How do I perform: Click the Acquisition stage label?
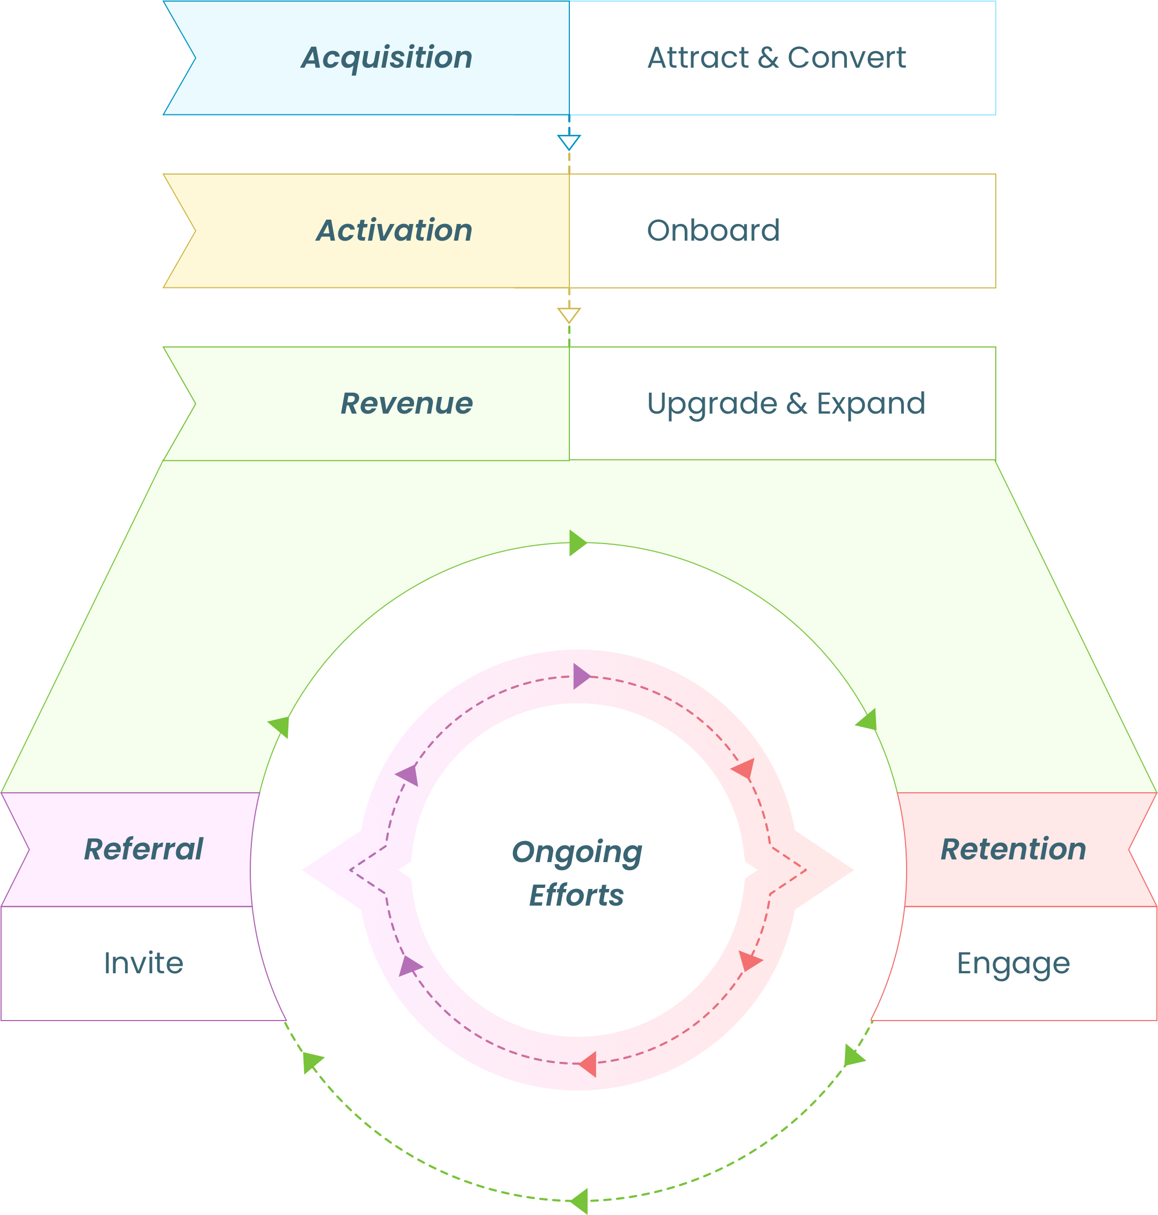(386, 58)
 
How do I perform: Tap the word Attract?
(698, 58)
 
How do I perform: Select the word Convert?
(846, 58)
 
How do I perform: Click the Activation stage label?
(394, 231)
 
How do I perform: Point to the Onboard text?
(713, 231)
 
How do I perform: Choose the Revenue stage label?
(406, 404)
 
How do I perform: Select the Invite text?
(143, 963)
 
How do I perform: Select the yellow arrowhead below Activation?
(568, 315)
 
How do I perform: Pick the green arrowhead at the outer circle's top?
(577, 543)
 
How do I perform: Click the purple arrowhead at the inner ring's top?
(581, 677)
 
